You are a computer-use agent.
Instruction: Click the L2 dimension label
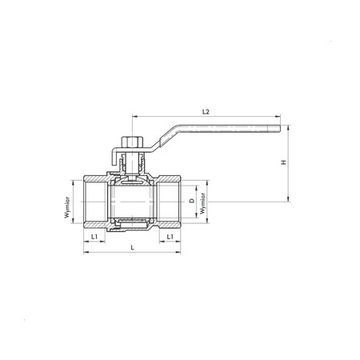(x=206, y=112)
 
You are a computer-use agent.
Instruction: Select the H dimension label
(x=284, y=162)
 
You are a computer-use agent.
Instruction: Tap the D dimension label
(x=192, y=201)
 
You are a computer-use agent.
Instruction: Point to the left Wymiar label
(x=67, y=207)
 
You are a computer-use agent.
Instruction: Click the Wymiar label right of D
(x=203, y=203)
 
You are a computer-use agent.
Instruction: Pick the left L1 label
(x=94, y=237)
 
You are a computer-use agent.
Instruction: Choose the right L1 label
(x=170, y=237)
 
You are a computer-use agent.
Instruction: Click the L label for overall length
(x=133, y=247)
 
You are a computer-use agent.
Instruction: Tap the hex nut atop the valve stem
(x=129, y=142)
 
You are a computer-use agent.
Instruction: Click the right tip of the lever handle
(x=280, y=129)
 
